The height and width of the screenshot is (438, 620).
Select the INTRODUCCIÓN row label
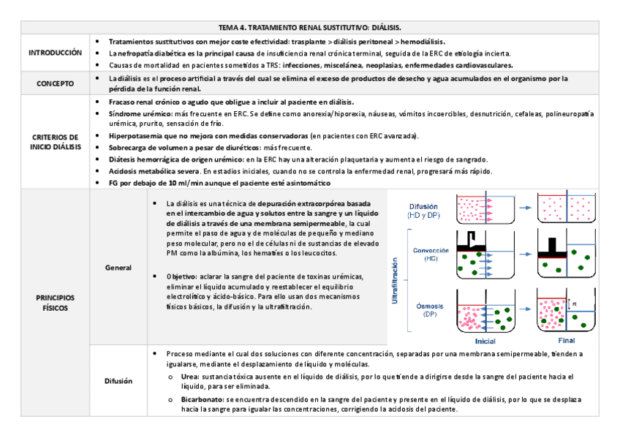pos(56,53)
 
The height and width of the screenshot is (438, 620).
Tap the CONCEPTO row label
pos(56,83)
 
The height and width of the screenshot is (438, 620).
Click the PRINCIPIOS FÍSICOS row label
pos(56,303)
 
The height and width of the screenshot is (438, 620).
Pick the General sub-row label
pos(118,268)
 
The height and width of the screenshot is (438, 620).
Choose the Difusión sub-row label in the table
pos(118,380)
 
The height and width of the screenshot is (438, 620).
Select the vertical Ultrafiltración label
pos(396,281)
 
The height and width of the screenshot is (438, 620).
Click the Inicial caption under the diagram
pos(485,341)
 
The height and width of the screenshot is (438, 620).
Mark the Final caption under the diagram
pos(566,341)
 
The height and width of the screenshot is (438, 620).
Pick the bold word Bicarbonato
pos(203,400)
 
